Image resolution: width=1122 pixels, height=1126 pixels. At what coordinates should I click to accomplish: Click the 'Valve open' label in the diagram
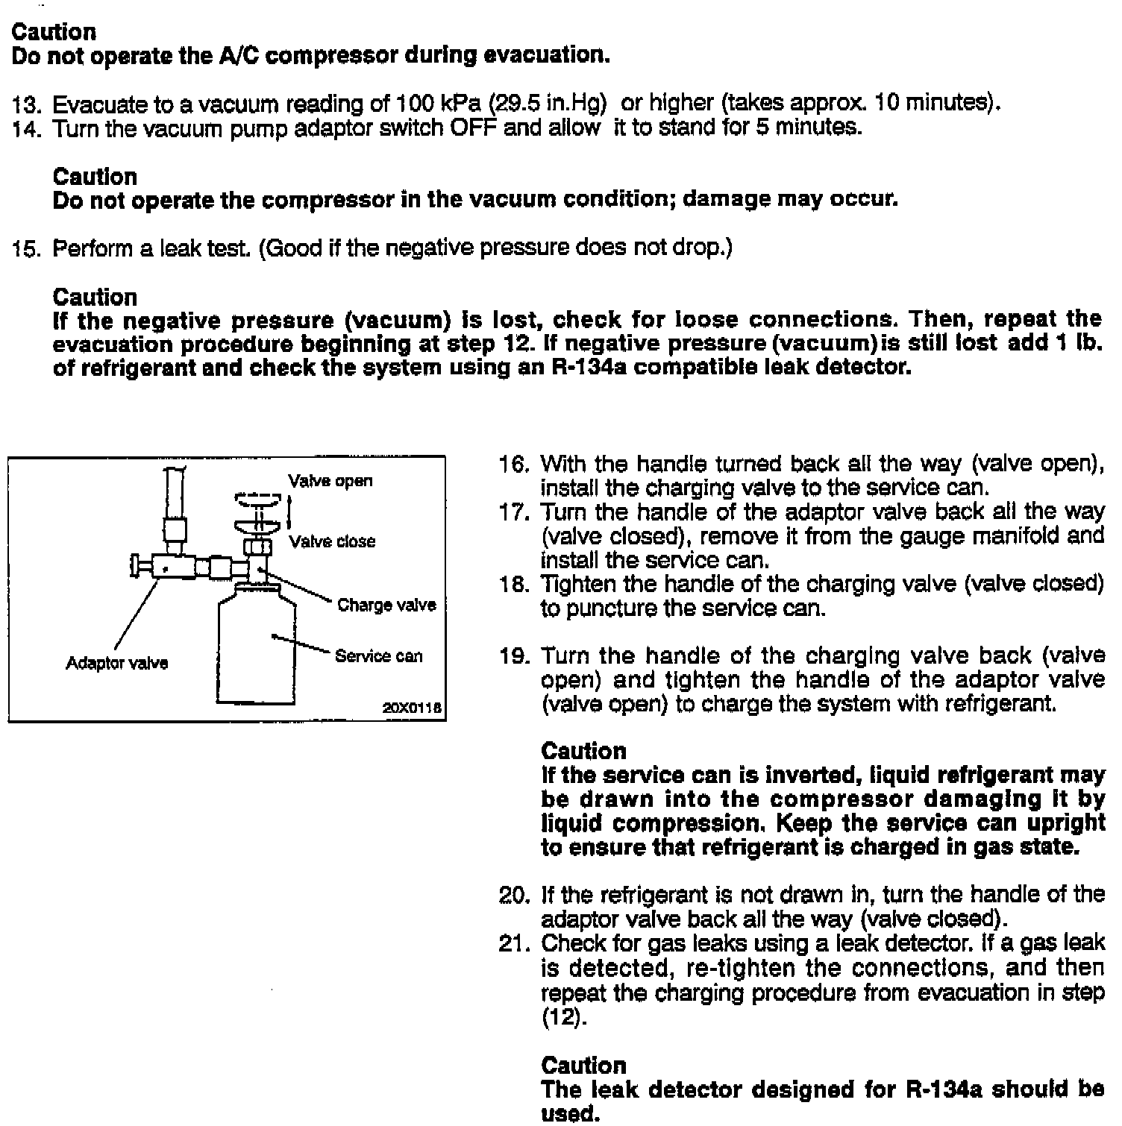[x=330, y=481]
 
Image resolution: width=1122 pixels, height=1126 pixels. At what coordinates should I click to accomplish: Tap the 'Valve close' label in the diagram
[x=332, y=541]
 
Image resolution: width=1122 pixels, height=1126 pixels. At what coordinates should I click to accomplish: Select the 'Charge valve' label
[x=386, y=605]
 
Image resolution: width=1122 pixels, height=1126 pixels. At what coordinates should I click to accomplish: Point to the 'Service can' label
[x=378, y=656]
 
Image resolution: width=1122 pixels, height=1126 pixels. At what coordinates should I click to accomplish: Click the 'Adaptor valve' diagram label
[x=116, y=663]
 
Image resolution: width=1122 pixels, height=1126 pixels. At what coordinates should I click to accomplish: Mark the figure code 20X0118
[x=412, y=708]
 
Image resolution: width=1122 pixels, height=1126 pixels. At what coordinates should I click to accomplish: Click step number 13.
[x=28, y=104]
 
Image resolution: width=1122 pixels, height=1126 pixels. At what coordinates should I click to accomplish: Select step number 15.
[x=28, y=248]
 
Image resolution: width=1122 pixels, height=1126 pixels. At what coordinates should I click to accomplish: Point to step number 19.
[x=514, y=657]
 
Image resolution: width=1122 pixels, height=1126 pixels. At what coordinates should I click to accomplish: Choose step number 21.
[x=514, y=944]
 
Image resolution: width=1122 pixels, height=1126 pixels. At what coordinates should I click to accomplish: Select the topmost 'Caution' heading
[x=54, y=32]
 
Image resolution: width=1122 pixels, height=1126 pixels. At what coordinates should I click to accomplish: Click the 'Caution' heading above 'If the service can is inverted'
[x=583, y=751]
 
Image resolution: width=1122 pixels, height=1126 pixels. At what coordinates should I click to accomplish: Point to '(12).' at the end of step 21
[x=564, y=1017]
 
